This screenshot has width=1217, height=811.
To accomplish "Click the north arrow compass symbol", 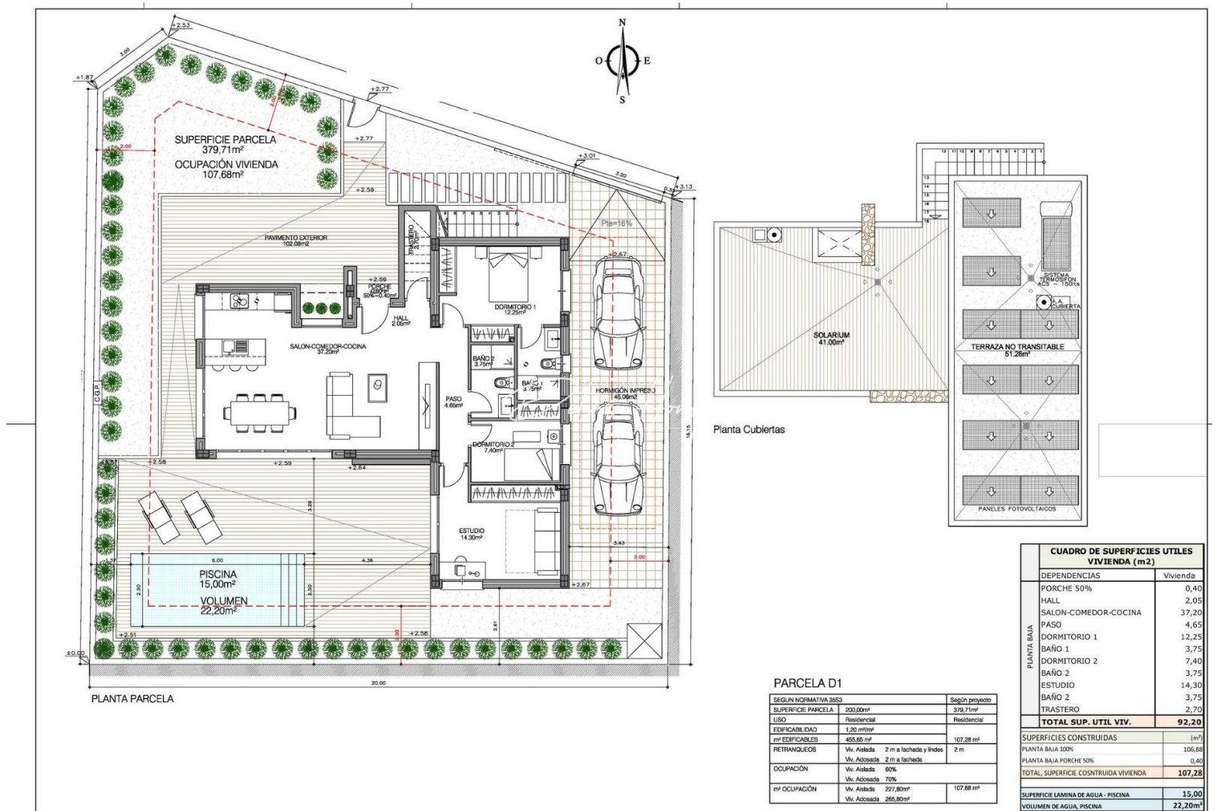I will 622,62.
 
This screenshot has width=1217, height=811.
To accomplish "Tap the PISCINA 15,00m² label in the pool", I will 218,578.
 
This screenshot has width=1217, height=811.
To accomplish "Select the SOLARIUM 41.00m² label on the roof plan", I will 830,338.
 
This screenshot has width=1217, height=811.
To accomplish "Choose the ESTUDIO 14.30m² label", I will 472,534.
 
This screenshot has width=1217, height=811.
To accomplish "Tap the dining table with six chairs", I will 259,412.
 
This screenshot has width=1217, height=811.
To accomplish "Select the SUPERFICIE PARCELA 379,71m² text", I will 225,144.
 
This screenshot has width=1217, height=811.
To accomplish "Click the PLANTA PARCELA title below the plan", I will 132,698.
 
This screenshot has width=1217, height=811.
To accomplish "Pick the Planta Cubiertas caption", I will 748,430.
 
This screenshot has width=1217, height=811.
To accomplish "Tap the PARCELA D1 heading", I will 808,683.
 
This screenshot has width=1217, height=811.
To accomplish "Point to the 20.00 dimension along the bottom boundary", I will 378,683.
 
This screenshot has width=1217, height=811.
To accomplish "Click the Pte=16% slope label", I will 617,224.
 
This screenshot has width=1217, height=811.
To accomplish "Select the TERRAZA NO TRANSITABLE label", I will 1017,347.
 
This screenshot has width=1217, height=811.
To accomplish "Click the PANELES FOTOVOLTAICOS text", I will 1016,508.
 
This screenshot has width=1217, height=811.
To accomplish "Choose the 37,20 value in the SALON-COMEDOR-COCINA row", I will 1190,612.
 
